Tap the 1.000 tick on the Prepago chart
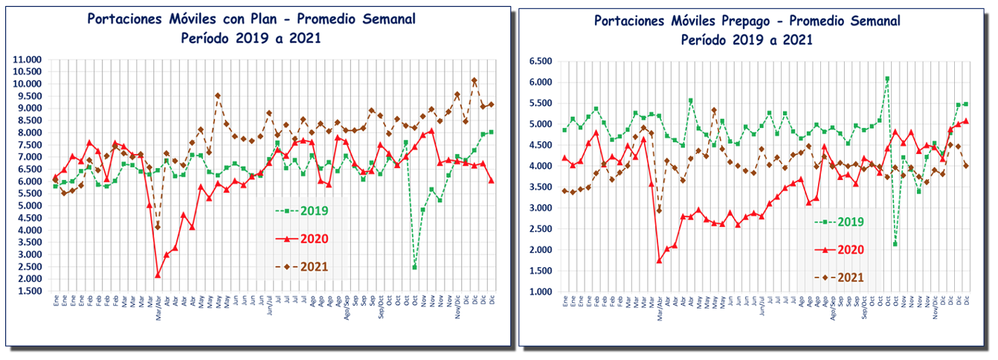[539, 292]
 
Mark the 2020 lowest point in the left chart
[158, 275]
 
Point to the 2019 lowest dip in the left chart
[414, 267]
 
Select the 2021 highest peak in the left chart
[474, 80]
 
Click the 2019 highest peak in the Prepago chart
[886, 79]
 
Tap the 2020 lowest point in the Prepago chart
[659, 260]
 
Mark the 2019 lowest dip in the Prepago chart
[895, 244]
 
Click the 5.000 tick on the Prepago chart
[539, 124]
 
